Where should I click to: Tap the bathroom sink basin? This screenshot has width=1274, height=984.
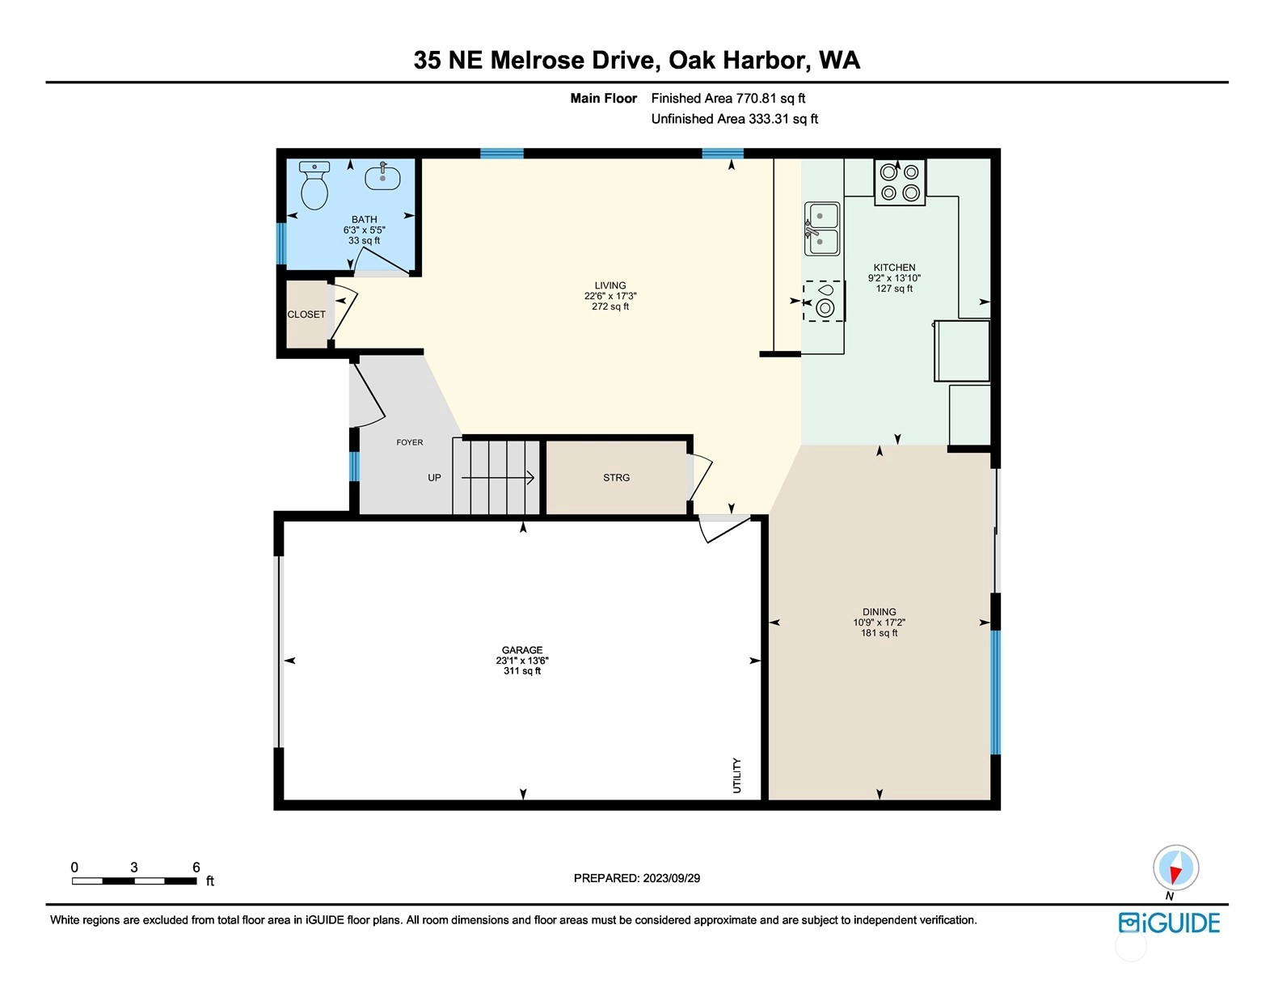pyautogui.click(x=383, y=176)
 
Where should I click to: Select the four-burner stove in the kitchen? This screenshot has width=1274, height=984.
pyautogui.click(x=900, y=183)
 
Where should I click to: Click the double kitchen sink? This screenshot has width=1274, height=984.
pyautogui.click(x=822, y=229)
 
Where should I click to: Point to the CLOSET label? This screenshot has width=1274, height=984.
pyautogui.click(x=306, y=315)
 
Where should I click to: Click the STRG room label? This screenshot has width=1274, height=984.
pyautogui.click(x=616, y=478)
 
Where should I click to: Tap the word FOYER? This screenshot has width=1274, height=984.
pyautogui.click(x=409, y=442)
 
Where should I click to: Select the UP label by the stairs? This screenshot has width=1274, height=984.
pyautogui.click(x=434, y=477)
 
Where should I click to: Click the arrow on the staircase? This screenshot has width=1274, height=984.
pyautogui.click(x=498, y=478)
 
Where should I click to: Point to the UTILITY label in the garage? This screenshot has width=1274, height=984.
pyautogui.click(x=737, y=775)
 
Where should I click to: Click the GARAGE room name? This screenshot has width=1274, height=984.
pyautogui.click(x=521, y=650)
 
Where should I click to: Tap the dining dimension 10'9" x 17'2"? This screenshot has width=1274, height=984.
pyautogui.click(x=879, y=623)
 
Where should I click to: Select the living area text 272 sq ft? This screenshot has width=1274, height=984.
pyautogui.click(x=610, y=306)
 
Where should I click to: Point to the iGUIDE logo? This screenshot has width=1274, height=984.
pyautogui.click(x=1169, y=923)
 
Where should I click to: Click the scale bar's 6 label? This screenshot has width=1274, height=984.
pyautogui.click(x=196, y=867)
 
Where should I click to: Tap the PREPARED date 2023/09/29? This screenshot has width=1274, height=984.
pyautogui.click(x=671, y=878)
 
